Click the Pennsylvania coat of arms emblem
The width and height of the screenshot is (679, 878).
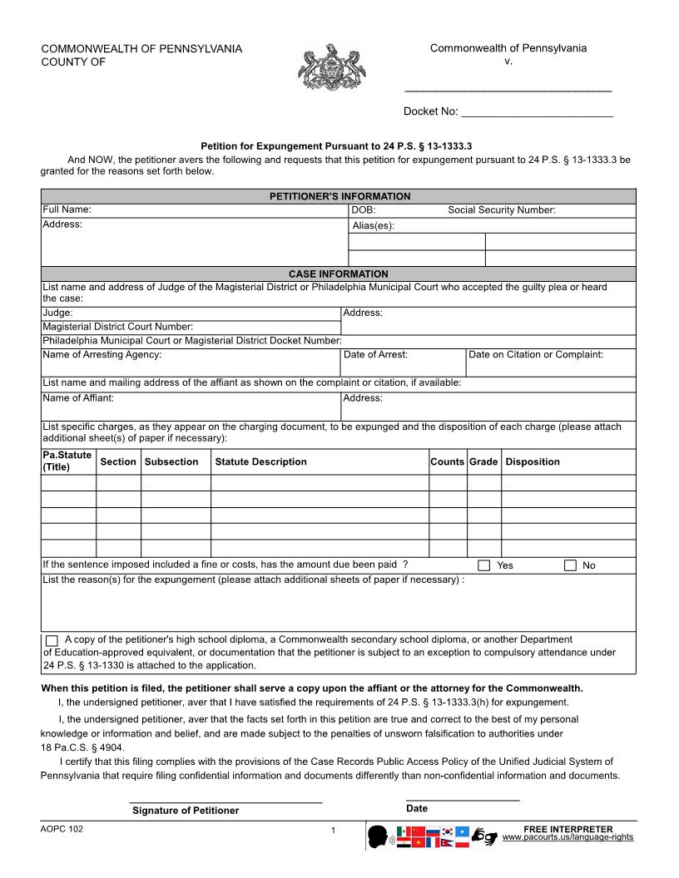click(x=332, y=67)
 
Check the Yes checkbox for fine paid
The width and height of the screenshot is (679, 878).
click(x=484, y=565)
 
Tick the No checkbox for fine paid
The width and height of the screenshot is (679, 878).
click(x=570, y=565)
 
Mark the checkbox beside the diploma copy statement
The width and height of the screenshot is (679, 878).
click(x=52, y=640)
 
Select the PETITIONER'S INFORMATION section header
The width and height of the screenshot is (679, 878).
click(x=339, y=196)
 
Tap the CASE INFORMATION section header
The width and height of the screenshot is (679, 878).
click(x=339, y=274)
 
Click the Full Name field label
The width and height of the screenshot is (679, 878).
click(x=67, y=210)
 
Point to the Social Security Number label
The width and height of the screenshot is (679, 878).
click(x=501, y=210)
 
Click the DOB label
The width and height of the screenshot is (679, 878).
click(x=364, y=210)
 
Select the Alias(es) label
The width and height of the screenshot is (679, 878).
click(x=373, y=225)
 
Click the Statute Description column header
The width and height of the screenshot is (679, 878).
click(x=260, y=461)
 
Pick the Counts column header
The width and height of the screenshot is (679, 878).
click(x=447, y=461)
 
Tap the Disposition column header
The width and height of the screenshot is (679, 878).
click(x=533, y=461)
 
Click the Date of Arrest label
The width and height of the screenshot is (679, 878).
click(x=375, y=354)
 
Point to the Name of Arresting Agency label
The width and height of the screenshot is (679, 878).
click(x=102, y=354)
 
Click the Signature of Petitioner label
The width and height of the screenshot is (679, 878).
click(x=185, y=811)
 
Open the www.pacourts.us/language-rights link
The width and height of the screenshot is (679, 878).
click(x=567, y=836)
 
